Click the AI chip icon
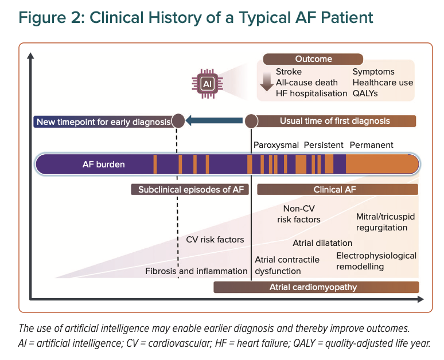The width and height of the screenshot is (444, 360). coord(207,84)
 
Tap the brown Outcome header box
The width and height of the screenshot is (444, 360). coord(313,59)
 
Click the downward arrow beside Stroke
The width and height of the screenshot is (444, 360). coord(266,81)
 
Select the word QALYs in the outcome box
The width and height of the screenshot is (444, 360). coord(365,93)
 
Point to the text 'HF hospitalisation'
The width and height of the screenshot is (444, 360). coord(311,93)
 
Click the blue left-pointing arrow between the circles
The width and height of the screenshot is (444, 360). coord(214,121)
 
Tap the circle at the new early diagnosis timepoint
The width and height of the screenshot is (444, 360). coord(178,121)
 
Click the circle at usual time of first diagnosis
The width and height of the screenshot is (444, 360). coord(251,122)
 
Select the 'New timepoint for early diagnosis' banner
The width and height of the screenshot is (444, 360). coord(104,122)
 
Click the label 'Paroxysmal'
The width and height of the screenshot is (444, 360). coord(276,145)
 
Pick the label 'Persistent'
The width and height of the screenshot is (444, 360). coord(324,145)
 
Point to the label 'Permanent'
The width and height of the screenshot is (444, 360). coord(372,145)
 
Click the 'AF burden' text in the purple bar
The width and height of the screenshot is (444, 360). coord(104,165)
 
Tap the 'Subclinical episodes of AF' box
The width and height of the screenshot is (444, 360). coord(190,189)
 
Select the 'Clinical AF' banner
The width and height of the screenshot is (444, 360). coord(337,189)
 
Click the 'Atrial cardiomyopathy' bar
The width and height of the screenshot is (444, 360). coord(316,287)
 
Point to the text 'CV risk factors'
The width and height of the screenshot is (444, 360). coord(215,240)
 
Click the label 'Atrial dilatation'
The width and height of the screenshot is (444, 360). coord(322,243)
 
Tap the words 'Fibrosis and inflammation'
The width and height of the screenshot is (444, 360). coord(196,271)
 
